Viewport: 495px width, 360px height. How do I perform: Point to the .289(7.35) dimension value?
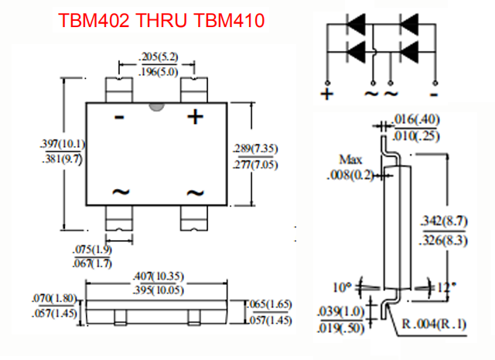click(256, 148)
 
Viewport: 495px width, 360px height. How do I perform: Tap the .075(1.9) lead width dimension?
click(92, 250)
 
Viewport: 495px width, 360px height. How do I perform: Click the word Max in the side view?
click(354, 159)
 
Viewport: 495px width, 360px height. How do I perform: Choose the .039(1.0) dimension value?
click(338, 311)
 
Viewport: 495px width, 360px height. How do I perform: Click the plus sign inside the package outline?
click(196, 117)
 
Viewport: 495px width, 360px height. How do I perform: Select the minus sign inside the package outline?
click(119, 118)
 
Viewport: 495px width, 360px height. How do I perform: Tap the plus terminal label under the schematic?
click(326, 94)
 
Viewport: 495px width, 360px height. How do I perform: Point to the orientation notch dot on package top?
click(157, 105)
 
